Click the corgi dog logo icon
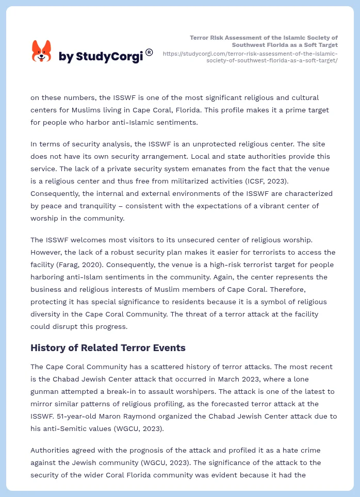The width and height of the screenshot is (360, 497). [42, 51]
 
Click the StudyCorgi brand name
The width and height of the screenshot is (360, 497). [101, 57]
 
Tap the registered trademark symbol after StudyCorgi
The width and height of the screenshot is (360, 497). [149, 52]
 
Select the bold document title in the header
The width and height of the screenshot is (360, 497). [264, 41]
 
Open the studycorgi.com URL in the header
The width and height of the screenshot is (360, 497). [250, 57]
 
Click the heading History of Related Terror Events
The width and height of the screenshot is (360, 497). [108, 348]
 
